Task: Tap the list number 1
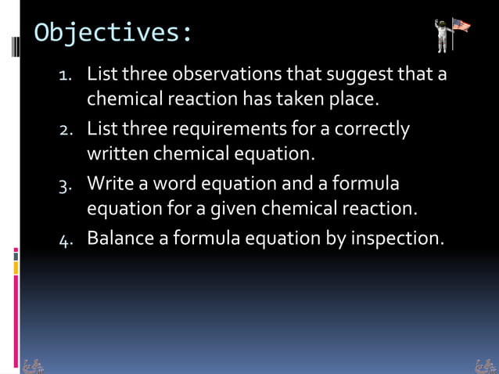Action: [66, 77]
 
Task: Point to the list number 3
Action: [66, 185]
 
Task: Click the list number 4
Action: [66, 239]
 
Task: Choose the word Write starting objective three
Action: [108, 184]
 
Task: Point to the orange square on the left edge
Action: [16, 268]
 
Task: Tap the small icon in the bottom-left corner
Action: [34, 365]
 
